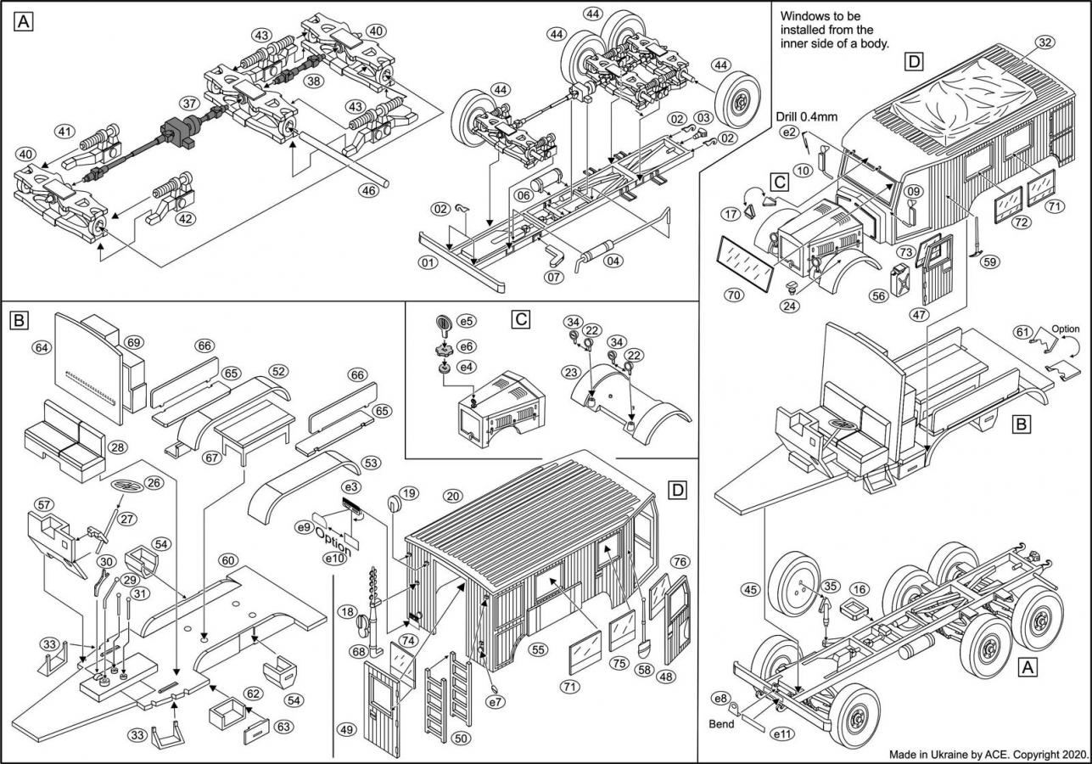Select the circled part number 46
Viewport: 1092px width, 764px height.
tap(368, 191)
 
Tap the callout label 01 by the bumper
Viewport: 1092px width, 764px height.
tap(428, 262)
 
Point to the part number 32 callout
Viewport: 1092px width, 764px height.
tap(1045, 43)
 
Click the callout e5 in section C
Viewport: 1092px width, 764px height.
tap(466, 323)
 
